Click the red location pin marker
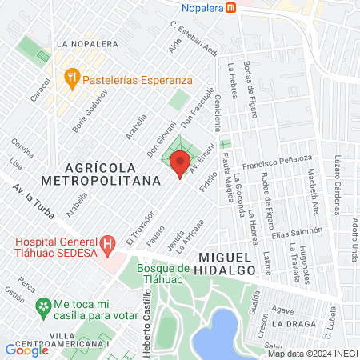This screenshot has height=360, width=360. pyautogui.click(x=180, y=166)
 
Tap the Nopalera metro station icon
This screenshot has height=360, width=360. pyautogui.click(x=231, y=7)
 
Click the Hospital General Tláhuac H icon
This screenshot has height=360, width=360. pyautogui.click(x=107, y=242)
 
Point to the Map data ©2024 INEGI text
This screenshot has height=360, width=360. pyautogui.click(x=311, y=354)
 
